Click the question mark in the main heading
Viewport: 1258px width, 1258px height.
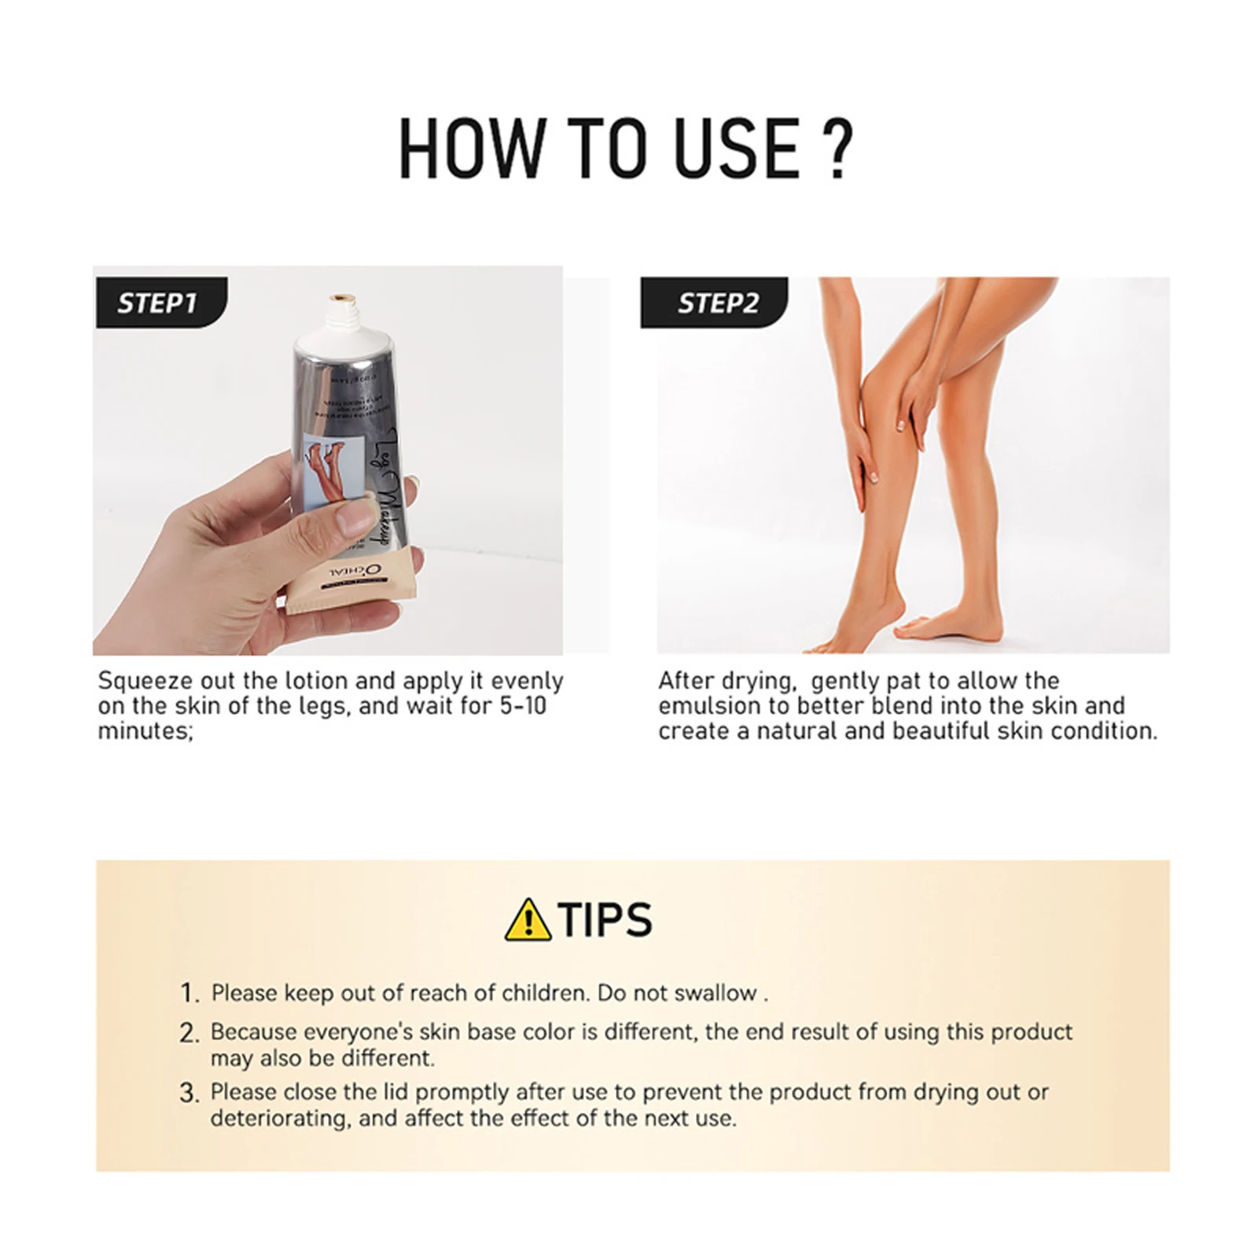click(840, 148)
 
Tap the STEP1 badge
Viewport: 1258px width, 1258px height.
click(157, 303)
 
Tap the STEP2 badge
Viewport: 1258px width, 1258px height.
click(716, 303)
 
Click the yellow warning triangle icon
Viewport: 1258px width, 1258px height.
click(528, 921)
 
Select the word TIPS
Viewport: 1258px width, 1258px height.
click(605, 920)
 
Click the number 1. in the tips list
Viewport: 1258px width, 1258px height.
click(189, 994)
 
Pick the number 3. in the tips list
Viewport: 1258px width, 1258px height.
click(189, 1093)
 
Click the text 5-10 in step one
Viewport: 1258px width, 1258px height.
click(523, 706)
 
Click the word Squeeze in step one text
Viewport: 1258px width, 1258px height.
click(145, 681)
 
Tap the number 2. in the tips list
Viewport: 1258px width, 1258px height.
click(189, 1033)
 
